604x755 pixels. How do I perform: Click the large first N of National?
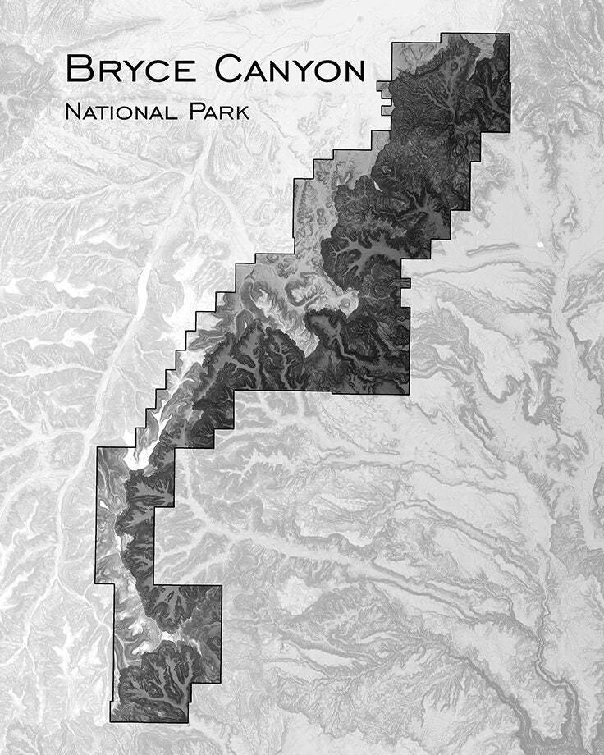(x=72, y=111)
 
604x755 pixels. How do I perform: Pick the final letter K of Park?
(x=242, y=112)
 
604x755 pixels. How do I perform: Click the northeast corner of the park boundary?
(x=509, y=34)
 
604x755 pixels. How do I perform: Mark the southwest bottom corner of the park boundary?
(x=111, y=721)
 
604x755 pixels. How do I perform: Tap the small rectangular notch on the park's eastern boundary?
(x=406, y=283)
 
